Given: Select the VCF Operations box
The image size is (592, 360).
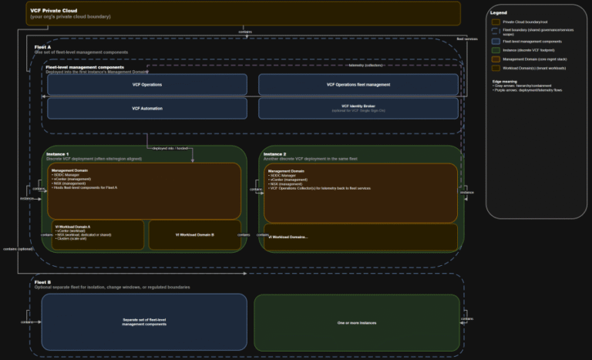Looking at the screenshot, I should tap(147, 85).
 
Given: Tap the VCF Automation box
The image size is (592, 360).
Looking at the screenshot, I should tap(147, 108).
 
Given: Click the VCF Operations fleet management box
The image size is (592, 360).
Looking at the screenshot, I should tap(358, 85).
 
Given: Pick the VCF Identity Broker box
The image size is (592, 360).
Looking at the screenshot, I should tap(358, 108).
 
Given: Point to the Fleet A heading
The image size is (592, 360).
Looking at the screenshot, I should tap(43, 46).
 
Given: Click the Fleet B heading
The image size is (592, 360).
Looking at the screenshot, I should tap(43, 281).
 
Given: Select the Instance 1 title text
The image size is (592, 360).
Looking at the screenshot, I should tap(58, 154).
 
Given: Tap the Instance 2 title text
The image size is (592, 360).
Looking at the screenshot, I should tap(275, 154).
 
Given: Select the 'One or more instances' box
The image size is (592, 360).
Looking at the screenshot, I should tap(357, 322).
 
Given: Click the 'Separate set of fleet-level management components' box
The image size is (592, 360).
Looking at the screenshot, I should tap(144, 322).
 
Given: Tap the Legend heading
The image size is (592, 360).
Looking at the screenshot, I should tap(499, 12).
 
